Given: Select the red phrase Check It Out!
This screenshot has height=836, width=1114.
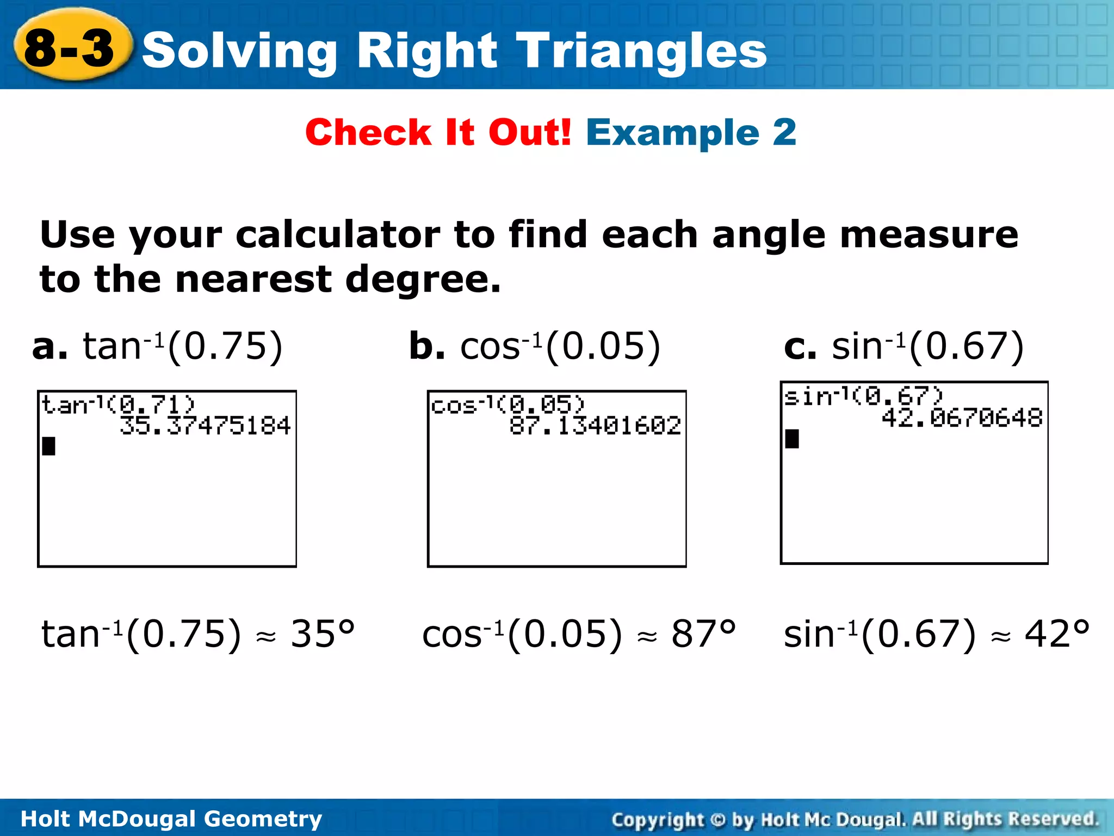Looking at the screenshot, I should [438, 132].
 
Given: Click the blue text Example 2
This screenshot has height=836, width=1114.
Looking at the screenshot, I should [691, 132].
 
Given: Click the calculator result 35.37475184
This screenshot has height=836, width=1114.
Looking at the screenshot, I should [205, 426].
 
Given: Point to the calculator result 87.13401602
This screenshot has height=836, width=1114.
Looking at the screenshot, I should [595, 426].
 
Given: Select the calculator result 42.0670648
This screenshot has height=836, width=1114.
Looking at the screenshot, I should [962, 418].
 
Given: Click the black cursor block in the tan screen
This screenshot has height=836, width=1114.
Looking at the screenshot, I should [49, 446].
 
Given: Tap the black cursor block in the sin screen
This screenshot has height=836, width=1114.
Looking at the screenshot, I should [792, 439].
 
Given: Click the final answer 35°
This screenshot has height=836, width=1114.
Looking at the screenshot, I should [323, 634].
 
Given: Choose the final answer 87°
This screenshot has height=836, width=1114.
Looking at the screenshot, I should [703, 634].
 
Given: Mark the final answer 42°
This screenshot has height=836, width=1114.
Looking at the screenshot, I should [1057, 634].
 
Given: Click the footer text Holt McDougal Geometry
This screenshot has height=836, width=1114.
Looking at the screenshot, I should [171, 819].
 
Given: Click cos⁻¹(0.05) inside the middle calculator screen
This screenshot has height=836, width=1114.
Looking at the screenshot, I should [508, 404].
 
